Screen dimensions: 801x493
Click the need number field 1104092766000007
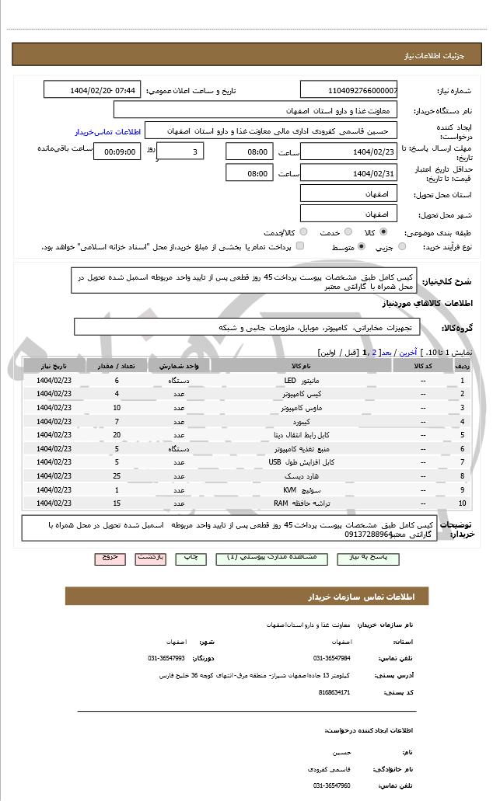click(348, 91)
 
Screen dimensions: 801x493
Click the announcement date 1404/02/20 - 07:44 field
click(93, 91)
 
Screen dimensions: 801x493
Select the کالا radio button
click(383, 232)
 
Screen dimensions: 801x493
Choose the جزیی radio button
click(401, 246)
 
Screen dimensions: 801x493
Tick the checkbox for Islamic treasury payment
click(300, 246)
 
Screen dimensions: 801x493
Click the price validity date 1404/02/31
click(348, 173)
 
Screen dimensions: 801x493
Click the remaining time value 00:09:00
click(117, 152)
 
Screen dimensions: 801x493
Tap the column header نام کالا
click(301, 365)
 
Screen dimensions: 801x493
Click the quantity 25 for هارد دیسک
click(117, 475)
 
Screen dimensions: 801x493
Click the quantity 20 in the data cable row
click(117, 434)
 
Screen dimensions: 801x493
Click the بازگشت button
click(149, 558)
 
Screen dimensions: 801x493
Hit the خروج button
click(109, 558)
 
